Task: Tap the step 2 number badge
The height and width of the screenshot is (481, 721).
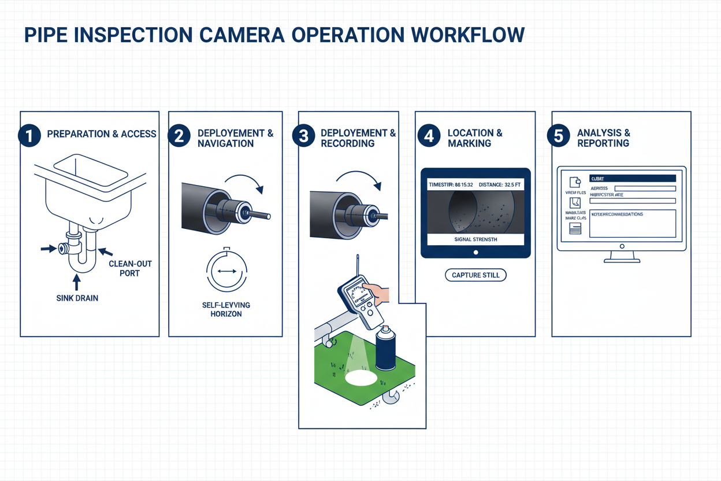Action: pos(179,136)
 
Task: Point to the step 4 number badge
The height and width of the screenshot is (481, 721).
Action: pos(428,136)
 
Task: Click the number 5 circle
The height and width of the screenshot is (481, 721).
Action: pos(558,136)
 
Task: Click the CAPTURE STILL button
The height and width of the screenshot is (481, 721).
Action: pos(475,275)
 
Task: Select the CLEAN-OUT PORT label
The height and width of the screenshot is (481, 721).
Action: pos(130,268)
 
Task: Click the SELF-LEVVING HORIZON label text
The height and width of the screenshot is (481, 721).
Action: pos(226,309)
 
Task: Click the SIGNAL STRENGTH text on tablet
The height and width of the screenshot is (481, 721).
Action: pos(475,239)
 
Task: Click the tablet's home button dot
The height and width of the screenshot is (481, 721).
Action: pos(475,252)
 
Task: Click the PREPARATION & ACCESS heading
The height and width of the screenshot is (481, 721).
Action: pos(102,134)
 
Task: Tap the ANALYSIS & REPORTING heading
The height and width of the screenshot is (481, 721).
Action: pos(603,138)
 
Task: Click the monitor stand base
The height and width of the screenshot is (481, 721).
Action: pos(622,260)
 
